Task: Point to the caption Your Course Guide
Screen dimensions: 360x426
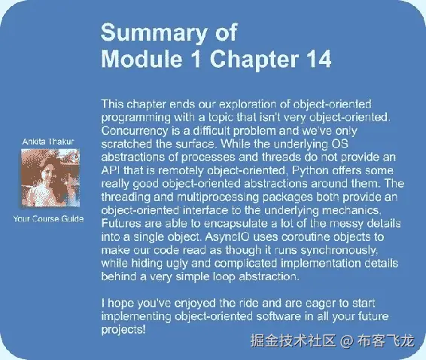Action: pos(48,219)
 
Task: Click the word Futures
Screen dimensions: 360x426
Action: pos(122,223)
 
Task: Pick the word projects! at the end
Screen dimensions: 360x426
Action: pos(123,330)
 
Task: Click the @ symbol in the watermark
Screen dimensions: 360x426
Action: pos(346,341)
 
